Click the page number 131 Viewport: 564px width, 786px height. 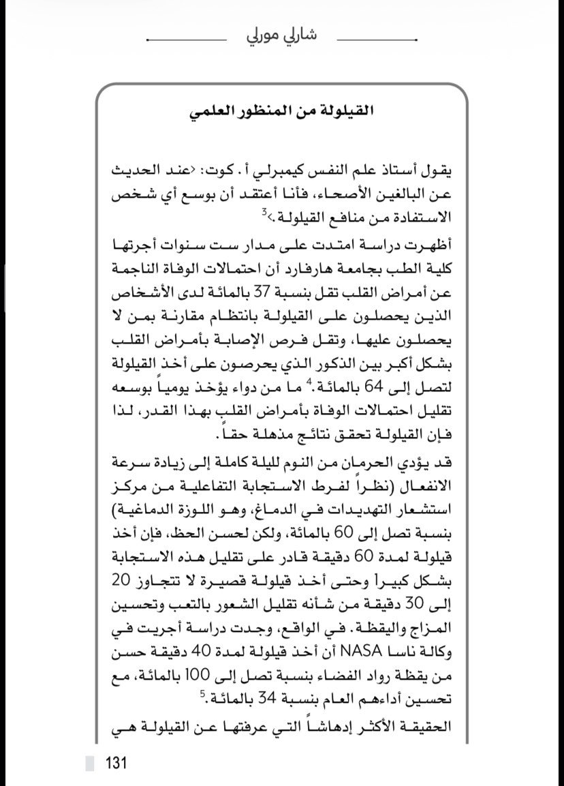coord(115,761)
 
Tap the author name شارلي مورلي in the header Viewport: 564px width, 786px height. coord(282,33)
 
